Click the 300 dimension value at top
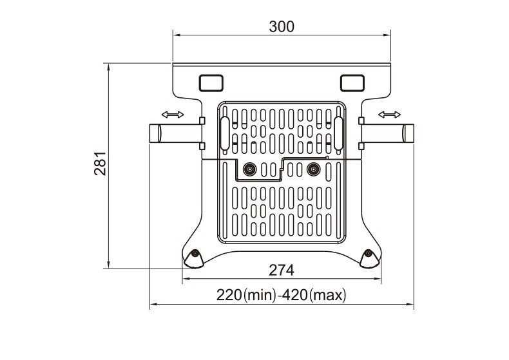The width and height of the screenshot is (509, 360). pos(282,26)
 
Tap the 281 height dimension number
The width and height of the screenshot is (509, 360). pos(100,164)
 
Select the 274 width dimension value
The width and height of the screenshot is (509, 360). pos(282,270)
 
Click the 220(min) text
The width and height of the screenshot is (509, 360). pos(246,295)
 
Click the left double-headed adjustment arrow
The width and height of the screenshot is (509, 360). pos(173,115)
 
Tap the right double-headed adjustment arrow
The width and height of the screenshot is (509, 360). pos(390,115)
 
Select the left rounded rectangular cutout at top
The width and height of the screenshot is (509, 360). pos(211,83)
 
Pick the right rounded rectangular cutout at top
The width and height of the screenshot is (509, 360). pos(352,83)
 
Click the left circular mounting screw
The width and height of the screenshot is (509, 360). pos(249,169)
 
